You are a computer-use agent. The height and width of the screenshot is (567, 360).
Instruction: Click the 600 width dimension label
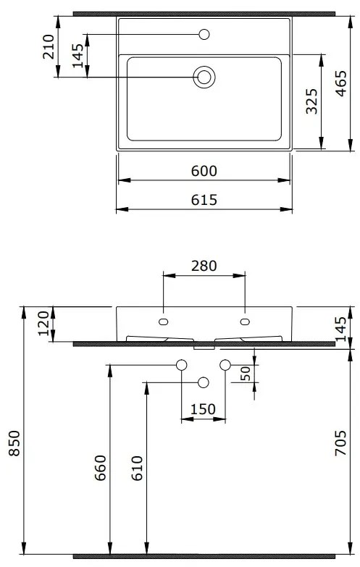205,171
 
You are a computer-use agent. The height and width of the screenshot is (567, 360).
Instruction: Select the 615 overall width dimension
205,200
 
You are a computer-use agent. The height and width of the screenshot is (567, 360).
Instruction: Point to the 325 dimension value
312,102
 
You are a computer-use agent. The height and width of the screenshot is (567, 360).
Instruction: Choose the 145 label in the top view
78,56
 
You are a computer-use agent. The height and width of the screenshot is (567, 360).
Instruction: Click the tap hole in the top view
204,34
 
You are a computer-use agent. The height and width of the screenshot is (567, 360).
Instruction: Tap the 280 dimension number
204,266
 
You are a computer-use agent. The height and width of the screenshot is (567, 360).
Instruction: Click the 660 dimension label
101,469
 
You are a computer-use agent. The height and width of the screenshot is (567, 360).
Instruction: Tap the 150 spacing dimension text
203,409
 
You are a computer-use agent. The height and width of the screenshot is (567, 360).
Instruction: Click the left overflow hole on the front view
163,321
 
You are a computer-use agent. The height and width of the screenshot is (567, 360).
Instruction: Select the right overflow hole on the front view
244,321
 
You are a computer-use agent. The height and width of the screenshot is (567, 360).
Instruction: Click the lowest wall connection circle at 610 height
204,382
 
